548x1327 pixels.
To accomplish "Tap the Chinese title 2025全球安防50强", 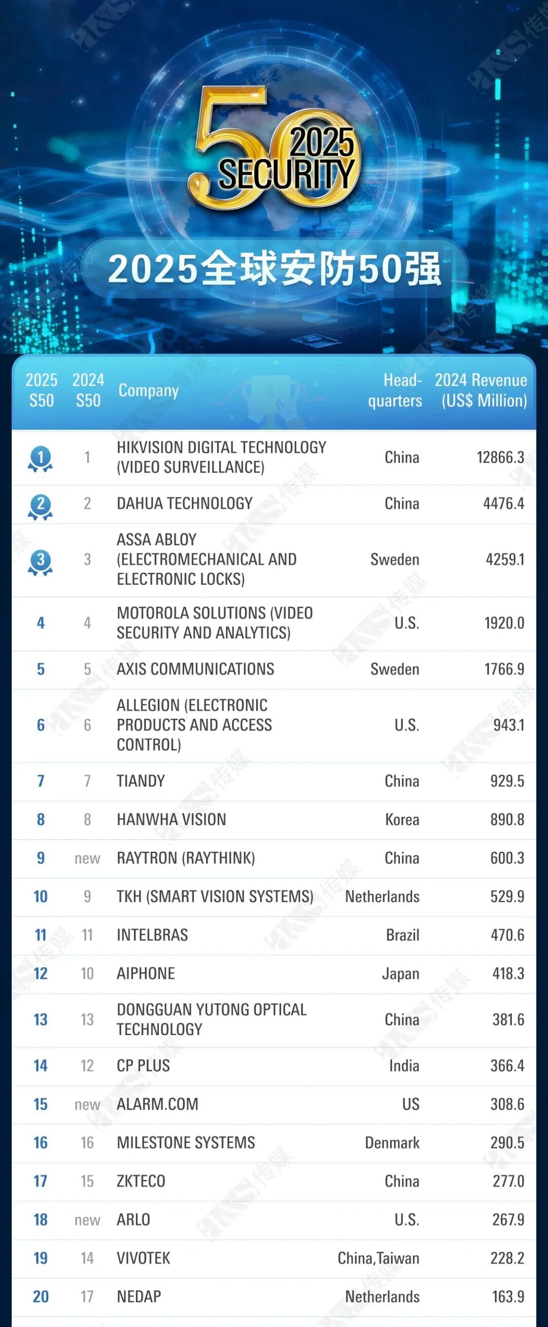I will [x=275, y=269].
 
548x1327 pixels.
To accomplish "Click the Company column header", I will [x=148, y=390].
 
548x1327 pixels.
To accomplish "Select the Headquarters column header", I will [x=395, y=390].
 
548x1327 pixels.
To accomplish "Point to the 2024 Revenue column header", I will [x=481, y=390].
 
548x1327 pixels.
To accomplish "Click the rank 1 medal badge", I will [x=40, y=458].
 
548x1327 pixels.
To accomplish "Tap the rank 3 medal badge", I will [x=40, y=561].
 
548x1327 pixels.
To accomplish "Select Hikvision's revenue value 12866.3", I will [x=500, y=457].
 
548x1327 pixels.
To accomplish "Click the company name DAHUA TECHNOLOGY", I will [x=184, y=503].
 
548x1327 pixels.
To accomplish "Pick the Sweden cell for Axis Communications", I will [x=395, y=669].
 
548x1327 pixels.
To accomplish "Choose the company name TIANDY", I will [x=141, y=781].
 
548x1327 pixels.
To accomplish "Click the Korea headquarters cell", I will [x=402, y=819].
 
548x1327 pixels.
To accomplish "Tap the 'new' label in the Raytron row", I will [x=87, y=858].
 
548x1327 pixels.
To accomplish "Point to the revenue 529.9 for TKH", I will [x=507, y=897].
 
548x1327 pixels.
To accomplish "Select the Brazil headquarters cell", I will [x=402, y=935].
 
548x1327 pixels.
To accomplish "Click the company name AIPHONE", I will [x=146, y=973].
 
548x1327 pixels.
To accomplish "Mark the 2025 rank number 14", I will [x=40, y=1066].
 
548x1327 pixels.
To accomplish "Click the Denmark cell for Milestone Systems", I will [x=392, y=1143].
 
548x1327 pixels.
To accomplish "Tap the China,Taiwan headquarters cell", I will [x=378, y=1258].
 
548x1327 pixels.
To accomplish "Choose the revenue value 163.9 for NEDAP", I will [x=508, y=1296].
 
